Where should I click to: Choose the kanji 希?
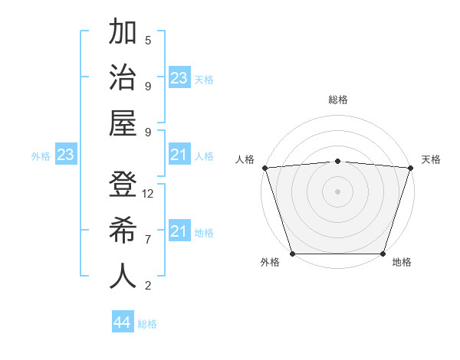(123, 230)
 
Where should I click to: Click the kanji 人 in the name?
(123, 276)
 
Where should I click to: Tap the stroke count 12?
(148, 194)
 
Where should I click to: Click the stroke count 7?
(148, 240)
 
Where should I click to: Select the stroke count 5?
(148, 41)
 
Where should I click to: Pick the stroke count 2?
(148, 286)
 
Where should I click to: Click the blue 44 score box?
(123, 322)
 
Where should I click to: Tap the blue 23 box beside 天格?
(179, 78)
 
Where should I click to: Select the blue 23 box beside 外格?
(66, 155)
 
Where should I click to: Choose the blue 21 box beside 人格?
(179, 155)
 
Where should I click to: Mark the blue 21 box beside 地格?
(179, 231)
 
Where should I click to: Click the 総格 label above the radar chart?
(337, 100)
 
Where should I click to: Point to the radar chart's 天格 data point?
(410, 168)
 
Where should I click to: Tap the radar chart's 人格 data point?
(264, 168)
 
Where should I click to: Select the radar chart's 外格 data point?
(292, 254)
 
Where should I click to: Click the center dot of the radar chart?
(337, 191)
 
